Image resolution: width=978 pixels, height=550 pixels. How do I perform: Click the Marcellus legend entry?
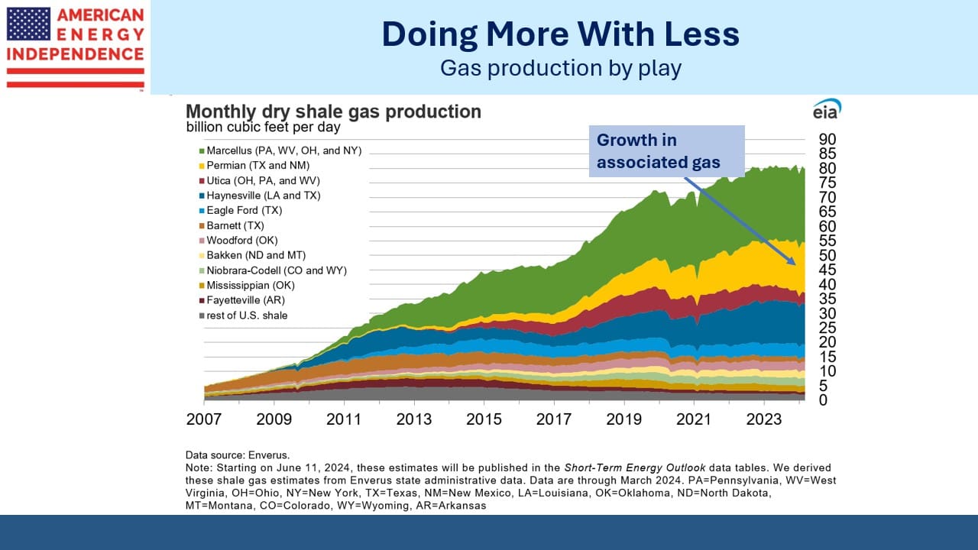(280, 150)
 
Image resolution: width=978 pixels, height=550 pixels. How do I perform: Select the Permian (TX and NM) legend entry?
(254, 166)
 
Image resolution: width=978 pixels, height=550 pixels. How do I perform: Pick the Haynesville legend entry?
(260, 196)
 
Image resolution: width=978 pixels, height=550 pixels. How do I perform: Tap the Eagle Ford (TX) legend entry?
(241, 210)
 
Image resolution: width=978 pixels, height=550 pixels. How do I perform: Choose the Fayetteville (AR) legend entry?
(242, 300)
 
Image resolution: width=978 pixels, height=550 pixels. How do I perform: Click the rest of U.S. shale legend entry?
(243, 315)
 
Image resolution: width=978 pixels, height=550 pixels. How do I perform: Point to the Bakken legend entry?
(252, 255)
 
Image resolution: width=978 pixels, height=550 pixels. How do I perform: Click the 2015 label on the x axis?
(484, 419)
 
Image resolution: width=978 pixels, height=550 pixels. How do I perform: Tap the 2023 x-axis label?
(763, 419)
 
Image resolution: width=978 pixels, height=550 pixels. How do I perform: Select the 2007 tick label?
(204, 419)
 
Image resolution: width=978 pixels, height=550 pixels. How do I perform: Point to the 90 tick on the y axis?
(827, 139)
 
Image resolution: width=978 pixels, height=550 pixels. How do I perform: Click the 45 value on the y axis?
(827, 270)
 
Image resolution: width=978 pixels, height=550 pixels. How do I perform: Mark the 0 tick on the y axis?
(823, 400)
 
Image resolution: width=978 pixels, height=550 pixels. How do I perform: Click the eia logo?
(827, 109)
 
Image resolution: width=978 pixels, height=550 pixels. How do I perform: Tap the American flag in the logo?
(28, 24)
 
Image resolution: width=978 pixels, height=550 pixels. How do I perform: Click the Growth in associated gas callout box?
(667, 151)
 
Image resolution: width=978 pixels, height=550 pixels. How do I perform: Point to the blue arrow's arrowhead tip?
(795, 264)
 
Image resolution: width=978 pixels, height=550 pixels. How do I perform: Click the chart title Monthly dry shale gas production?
(334, 112)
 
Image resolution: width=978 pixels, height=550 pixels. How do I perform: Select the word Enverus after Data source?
(268, 455)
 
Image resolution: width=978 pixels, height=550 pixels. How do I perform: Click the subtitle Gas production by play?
(561, 69)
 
